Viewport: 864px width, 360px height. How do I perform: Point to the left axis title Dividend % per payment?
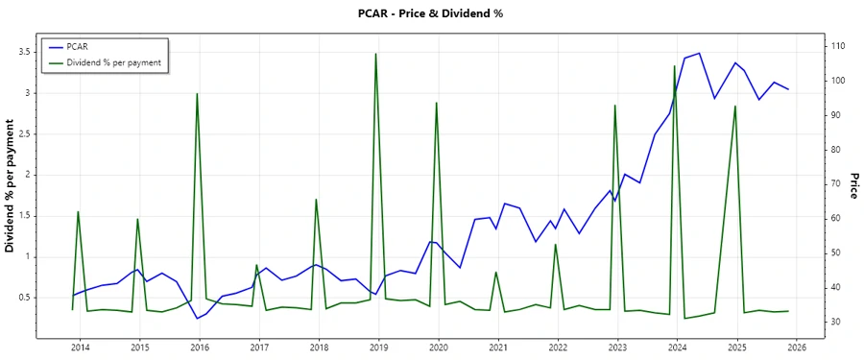click(x=12, y=186)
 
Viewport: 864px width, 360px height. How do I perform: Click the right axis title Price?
click(x=852, y=186)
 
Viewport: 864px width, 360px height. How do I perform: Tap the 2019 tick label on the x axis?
click(x=378, y=348)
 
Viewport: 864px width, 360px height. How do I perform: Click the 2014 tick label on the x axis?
click(x=80, y=348)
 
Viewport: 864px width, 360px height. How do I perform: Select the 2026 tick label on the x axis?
click(x=796, y=348)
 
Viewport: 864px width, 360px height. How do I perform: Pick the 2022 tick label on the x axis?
click(x=558, y=348)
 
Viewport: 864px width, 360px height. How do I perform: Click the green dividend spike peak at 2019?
click(x=375, y=54)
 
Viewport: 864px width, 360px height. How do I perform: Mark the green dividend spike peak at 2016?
click(x=197, y=94)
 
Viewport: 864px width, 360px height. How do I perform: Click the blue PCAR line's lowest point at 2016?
click(x=197, y=319)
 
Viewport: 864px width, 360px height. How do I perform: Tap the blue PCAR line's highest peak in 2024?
click(x=699, y=53)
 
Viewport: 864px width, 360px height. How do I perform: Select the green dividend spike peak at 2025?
click(x=735, y=106)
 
